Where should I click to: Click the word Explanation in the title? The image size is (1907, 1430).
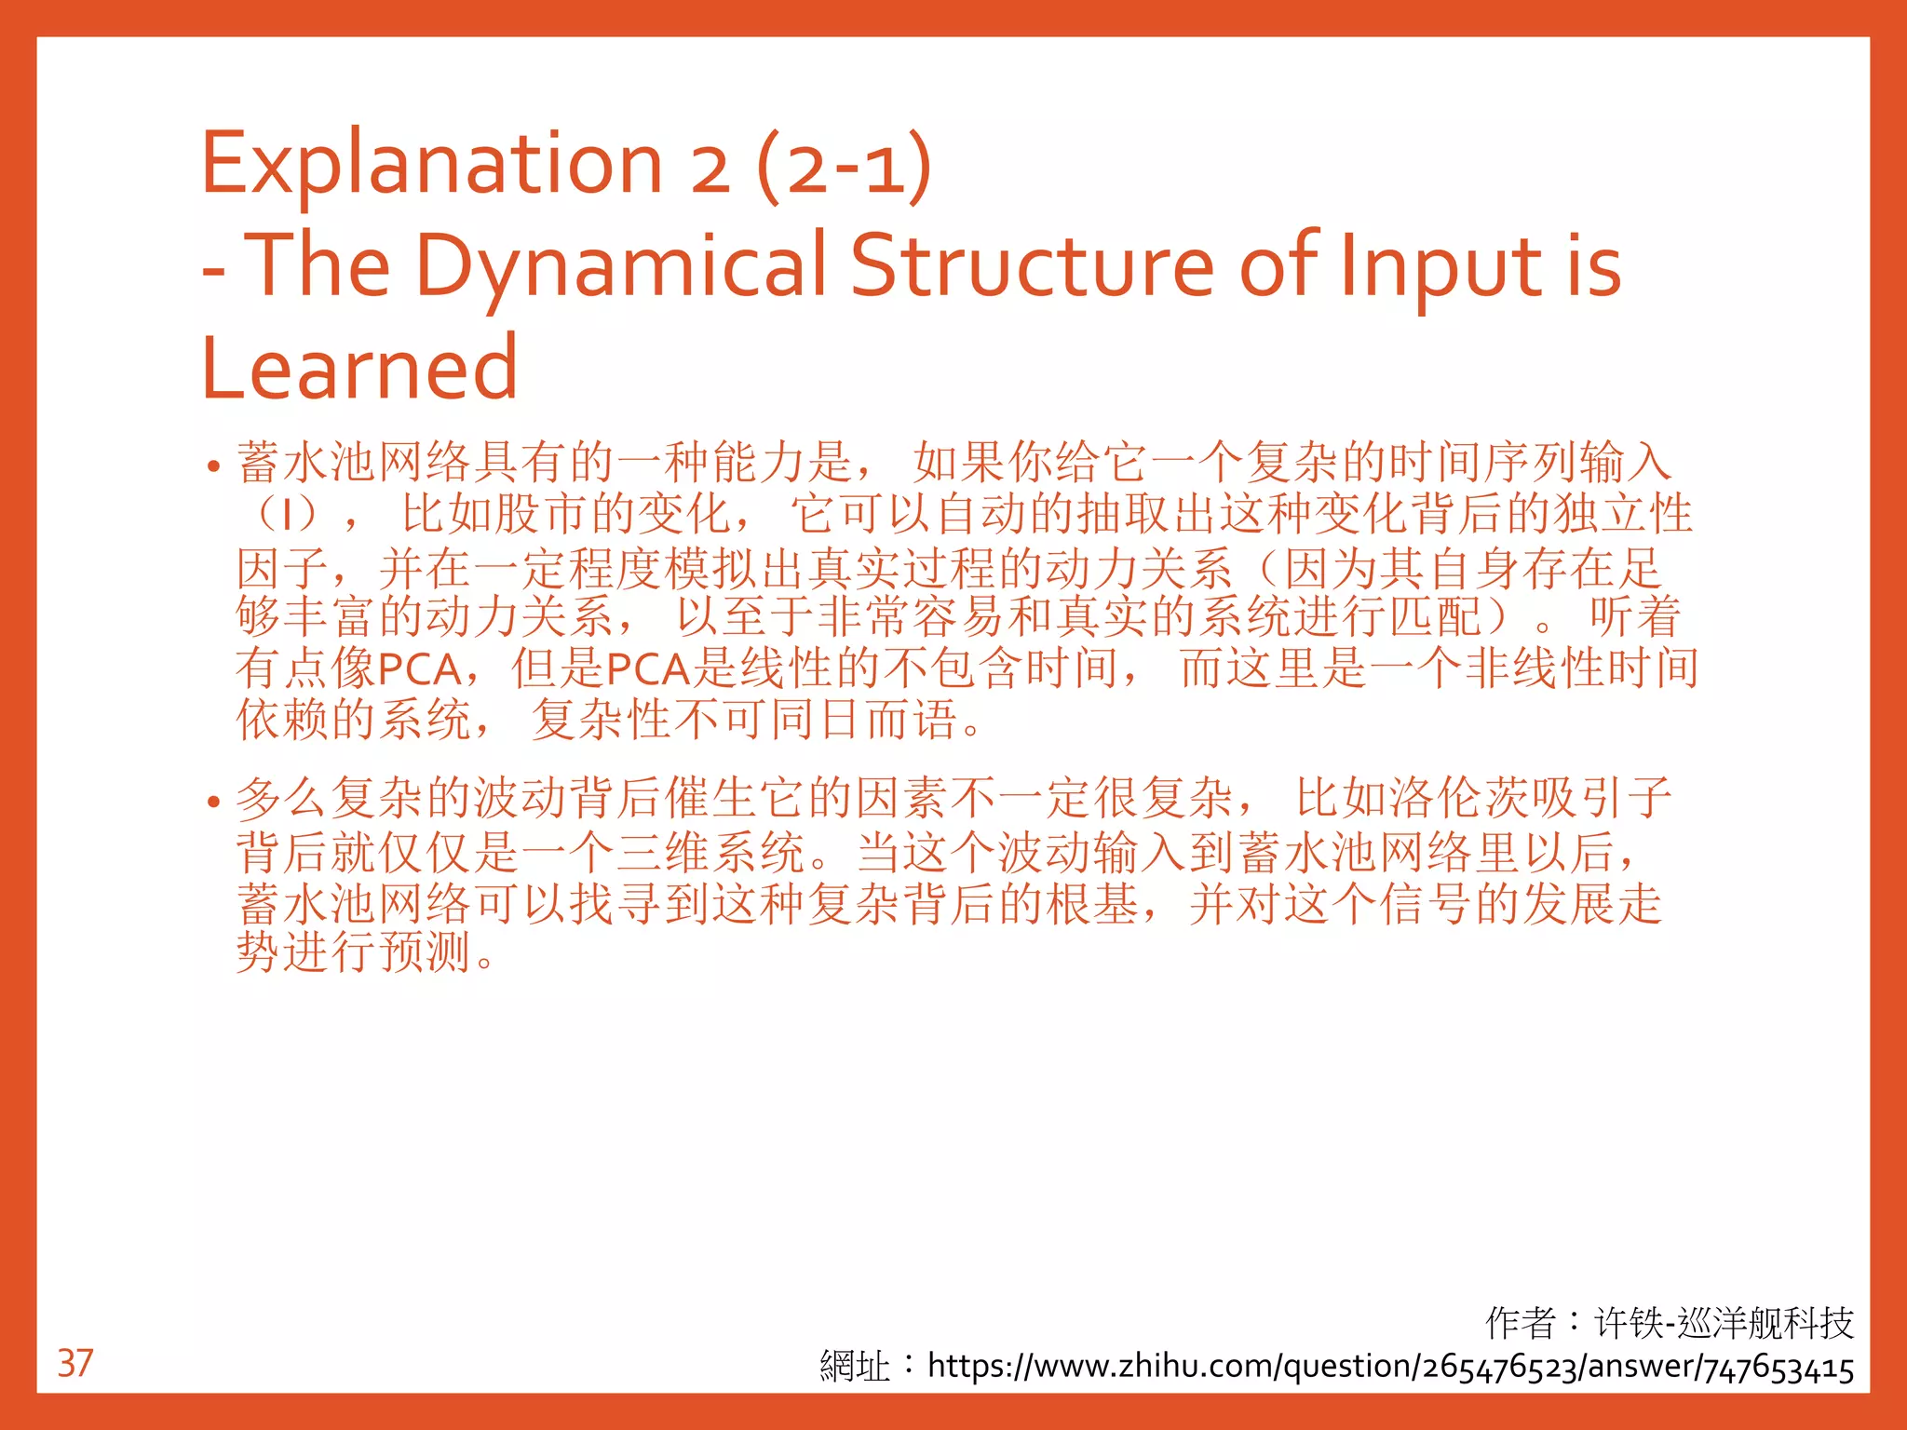point(431,165)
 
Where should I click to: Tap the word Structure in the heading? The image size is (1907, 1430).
point(1033,266)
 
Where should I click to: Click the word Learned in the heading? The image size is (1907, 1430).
point(359,370)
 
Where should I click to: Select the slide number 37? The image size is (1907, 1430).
point(75,1363)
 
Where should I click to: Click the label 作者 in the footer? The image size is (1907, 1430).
point(1520,1322)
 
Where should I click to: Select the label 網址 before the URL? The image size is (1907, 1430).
point(854,1367)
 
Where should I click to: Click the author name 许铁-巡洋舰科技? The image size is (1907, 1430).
point(1724,1322)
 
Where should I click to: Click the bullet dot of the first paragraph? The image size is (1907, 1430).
point(214,466)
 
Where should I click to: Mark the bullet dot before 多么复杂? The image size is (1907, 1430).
point(214,802)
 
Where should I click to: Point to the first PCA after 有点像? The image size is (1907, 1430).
point(420,668)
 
